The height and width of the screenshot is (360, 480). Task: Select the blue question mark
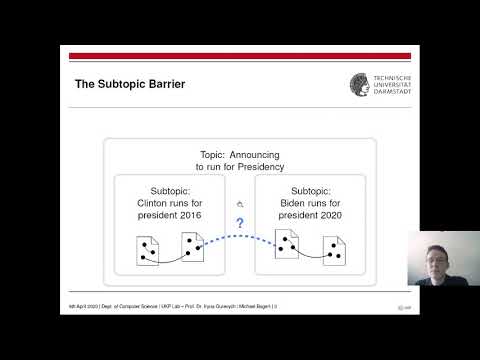click(x=240, y=223)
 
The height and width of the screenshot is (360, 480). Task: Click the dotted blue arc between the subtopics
click(x=240, y=238)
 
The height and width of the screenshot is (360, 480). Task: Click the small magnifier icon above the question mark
click(x=240, y=204)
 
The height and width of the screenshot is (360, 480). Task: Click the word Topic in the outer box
click(x=213, y=155)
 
